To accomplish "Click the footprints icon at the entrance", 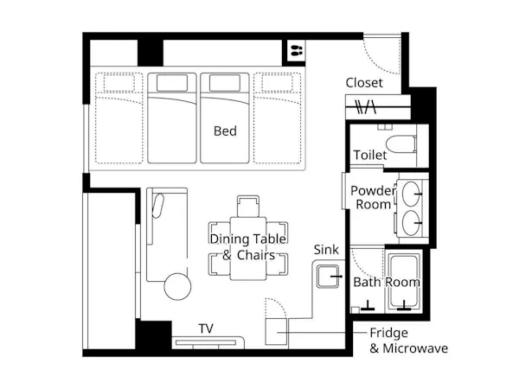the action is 297,51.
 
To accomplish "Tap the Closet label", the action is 364,83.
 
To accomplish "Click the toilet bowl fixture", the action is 401,143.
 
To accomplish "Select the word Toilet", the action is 370,155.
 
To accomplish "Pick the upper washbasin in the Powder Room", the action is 411,194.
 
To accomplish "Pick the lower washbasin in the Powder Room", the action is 411,223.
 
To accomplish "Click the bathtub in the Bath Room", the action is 404,282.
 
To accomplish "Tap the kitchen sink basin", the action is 328,277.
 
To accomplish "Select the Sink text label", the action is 326,250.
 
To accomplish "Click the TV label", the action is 206,328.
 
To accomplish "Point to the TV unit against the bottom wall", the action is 208,342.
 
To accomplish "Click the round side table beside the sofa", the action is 177,286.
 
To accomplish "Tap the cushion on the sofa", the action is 158,206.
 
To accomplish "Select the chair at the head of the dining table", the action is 248,206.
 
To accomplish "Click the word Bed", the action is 225,131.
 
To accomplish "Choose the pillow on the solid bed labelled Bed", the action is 225,83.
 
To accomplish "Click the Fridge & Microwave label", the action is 409,341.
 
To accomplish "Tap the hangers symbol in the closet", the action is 366,107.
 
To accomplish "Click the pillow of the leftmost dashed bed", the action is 119,83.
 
